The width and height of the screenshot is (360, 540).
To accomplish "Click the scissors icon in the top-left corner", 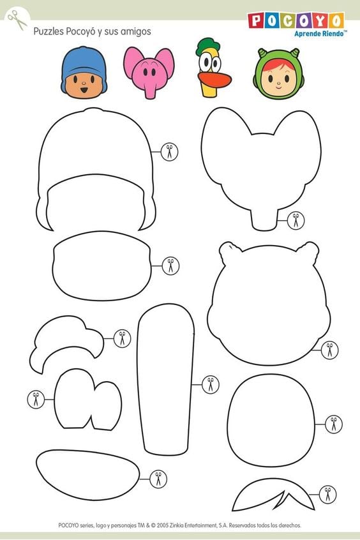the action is [x=17, y=19].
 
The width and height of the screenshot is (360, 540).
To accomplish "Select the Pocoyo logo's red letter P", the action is [x=255, y=20].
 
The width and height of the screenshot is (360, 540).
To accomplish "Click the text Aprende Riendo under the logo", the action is [x=319, y=33].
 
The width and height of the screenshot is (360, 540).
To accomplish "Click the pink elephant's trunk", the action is [x=149, y=90].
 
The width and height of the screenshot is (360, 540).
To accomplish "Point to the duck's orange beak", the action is [x=214, y=80].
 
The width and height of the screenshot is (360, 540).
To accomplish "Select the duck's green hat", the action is [x=207, y=46].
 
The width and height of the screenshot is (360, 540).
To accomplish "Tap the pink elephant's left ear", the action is [x=133, y=62].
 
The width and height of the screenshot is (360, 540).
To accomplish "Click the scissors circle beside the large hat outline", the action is [x=169, y=151].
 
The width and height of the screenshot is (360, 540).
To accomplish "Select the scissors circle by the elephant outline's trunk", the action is [x=296, y=220].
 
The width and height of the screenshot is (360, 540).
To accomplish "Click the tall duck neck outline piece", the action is [x=166, y=379].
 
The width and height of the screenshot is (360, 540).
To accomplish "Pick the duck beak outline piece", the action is [x=87, y=474].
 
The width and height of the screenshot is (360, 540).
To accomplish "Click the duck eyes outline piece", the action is [x=88, y=400].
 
